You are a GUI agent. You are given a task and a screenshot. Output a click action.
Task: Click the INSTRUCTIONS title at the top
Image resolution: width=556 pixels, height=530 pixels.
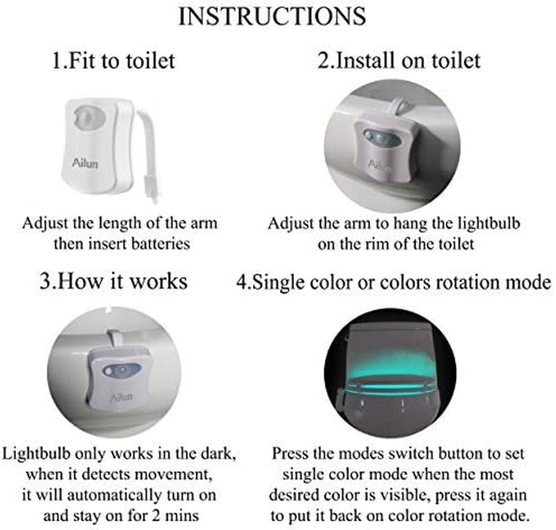coord(272,17)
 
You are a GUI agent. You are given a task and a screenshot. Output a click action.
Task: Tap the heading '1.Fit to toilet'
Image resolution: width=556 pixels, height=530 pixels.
coord(113,60)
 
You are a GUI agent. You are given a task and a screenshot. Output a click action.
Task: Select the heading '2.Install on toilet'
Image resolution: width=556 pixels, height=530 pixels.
coord(399,60)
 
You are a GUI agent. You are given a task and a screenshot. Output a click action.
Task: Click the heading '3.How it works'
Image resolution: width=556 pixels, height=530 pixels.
coord(113,281)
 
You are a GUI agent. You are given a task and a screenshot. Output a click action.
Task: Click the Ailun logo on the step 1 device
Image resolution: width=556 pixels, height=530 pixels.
coord(85,163)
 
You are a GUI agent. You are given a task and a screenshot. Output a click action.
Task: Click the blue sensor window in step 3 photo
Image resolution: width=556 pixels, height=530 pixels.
coord(122,371)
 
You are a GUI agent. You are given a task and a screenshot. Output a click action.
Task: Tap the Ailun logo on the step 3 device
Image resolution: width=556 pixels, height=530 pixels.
coord(122,397)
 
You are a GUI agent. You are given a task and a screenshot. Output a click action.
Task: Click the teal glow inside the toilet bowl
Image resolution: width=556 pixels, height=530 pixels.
coord(390,369)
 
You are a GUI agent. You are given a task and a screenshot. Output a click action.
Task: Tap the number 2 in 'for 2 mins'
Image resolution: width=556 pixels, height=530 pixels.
coord(156,515)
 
